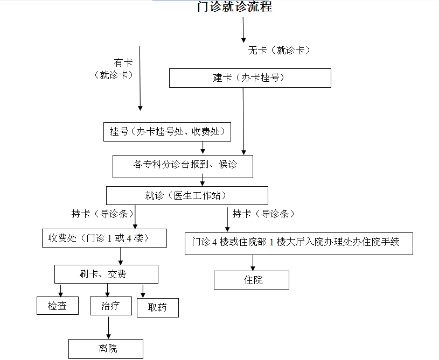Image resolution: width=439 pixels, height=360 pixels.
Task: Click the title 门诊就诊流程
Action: click(234, 7)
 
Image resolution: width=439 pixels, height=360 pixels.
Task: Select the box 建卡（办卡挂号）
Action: click(250, 78)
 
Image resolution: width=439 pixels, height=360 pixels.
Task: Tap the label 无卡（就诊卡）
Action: click(279, 51)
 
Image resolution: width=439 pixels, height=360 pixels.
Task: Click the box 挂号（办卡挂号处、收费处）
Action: click(167, 132)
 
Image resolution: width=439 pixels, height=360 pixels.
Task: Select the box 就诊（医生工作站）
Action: click(187, 195)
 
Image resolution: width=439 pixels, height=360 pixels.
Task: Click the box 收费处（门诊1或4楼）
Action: click(104, 238)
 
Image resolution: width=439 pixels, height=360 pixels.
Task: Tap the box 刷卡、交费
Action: click(106, 274)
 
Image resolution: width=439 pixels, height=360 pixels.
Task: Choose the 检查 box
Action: click(58, 306)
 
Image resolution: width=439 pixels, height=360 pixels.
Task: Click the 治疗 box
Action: click(110, 306)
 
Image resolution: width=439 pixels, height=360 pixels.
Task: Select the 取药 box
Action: click(157, 308)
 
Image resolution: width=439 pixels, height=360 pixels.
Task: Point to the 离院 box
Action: click(106, 349)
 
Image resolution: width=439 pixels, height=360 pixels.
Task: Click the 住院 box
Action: click(252, 280)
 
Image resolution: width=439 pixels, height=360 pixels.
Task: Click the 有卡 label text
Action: click(123, 63)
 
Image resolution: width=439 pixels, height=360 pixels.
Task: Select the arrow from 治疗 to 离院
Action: click(109, 327)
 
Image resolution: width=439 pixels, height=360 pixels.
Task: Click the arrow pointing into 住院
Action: click(252, 263)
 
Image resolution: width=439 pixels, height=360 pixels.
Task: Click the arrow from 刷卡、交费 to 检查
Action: click(60, 290)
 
